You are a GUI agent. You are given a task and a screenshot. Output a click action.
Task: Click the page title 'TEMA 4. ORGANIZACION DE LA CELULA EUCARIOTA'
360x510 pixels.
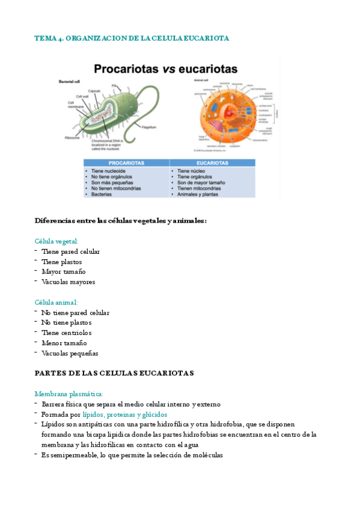[x=132, y=38]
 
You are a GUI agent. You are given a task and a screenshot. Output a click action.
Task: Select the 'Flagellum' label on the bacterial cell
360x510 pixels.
[x=149, y=127]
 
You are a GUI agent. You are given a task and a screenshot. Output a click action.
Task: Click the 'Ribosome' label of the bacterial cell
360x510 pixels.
[x=72, y=138]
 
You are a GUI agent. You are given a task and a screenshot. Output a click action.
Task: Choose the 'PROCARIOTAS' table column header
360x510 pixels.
[x=126, y=163]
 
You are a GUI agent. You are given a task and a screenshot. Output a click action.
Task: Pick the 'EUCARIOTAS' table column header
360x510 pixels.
[x=212, y=163]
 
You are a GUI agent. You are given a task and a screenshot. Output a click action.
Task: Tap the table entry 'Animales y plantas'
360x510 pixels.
[x=199, y=194]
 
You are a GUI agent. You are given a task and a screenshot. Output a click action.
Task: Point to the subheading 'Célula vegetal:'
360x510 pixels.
[x=56, y=241]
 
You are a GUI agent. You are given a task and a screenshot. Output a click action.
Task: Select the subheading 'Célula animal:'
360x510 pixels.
[x=56, y=303]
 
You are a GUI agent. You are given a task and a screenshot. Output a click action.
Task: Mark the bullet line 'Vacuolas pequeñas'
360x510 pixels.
[x=70, y=353]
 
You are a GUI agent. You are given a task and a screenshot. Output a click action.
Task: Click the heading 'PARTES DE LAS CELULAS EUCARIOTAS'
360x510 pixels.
[x=114, y=373]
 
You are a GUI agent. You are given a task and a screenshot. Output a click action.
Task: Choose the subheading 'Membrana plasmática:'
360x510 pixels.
[x=69, y=394]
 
